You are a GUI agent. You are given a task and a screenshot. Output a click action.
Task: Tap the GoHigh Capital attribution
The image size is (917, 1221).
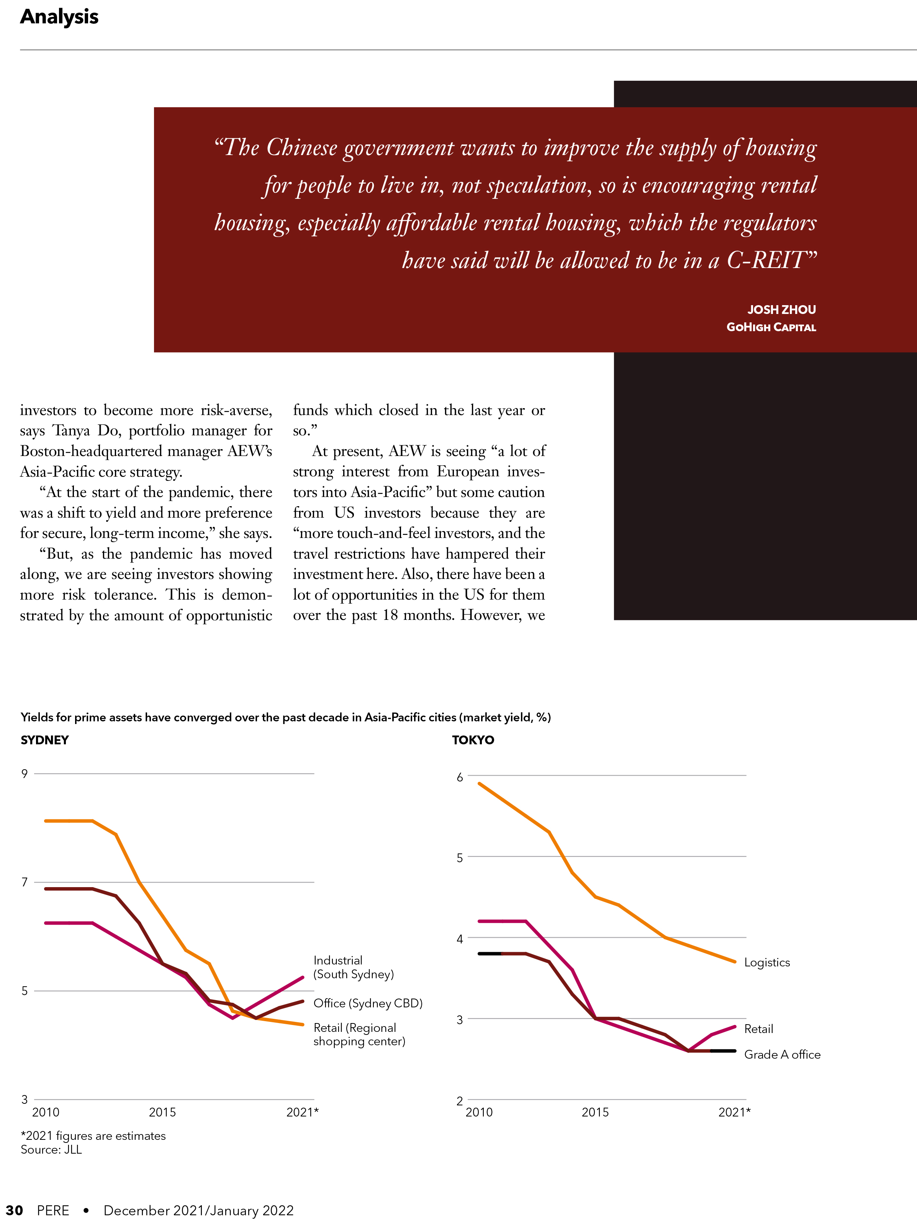point(771,327)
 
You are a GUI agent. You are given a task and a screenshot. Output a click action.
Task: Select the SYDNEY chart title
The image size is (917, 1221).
point(45,740)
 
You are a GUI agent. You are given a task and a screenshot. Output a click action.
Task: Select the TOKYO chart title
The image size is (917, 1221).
point(473,740)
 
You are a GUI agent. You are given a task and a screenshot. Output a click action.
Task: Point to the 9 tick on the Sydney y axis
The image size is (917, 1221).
point(24,773)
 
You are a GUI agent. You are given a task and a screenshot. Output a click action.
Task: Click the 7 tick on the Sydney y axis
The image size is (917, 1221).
point(24,882)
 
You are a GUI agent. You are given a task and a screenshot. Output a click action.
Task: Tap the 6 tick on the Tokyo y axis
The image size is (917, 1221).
point(460,777)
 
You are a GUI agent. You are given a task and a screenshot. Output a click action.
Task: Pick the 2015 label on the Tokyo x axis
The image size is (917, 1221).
point(595,1112)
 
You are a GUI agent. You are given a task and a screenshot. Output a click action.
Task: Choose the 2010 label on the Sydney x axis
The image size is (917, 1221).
point(46,1112)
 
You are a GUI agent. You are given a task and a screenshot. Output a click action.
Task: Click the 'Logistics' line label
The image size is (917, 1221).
point(767,963)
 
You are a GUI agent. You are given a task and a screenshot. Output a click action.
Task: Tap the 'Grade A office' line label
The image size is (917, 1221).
point(782,1054)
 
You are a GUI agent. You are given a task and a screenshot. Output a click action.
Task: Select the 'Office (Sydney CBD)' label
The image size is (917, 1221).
point(368,1003)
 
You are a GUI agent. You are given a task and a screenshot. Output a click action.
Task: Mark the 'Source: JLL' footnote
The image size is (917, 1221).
point(51,1149)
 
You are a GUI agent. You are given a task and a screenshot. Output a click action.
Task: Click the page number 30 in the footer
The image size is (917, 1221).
point(14,1211)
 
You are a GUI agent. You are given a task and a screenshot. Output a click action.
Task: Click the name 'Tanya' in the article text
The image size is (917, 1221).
point(71,431)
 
